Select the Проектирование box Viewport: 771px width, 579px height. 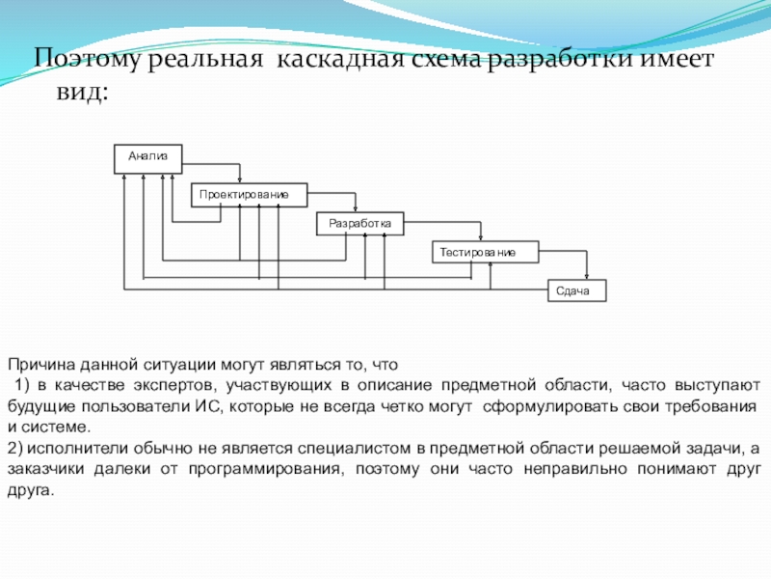[248, 196]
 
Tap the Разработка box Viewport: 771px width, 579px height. [359, 224]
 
